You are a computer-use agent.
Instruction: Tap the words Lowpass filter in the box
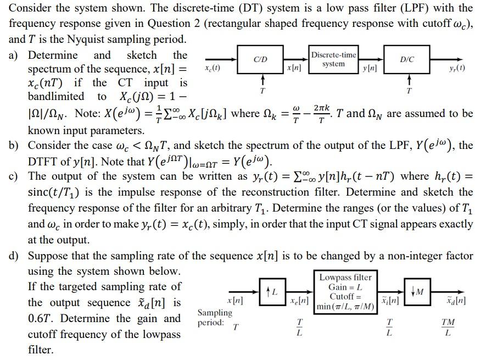point(345,278)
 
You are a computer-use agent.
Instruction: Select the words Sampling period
point(215,318)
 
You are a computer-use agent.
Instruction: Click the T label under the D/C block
point(407,90)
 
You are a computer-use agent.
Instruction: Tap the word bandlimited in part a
point(56,96)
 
